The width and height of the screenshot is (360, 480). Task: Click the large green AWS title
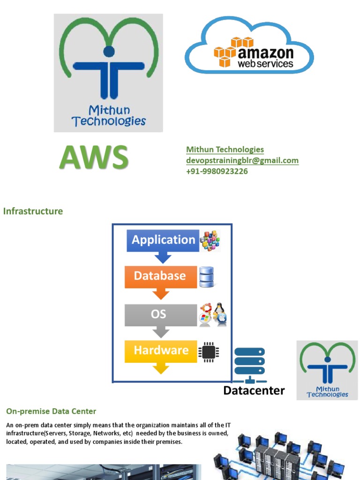tap(94, 157)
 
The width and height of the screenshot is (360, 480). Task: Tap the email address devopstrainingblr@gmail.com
tap(242, 160)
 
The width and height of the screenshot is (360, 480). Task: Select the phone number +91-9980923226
tap(217, 171)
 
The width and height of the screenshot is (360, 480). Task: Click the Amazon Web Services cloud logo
tap(249, 45)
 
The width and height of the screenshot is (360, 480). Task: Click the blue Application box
tap(163, 240)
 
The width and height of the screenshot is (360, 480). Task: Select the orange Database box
tap(160, 276)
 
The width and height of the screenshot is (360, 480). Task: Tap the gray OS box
tap(160, 314)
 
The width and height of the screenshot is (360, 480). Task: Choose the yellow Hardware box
tap(160, 351)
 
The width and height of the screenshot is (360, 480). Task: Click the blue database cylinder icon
tap(206, 277)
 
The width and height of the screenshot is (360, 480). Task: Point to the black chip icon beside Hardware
tap(208, 352)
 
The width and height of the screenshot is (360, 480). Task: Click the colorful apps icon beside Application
tap(210, 240)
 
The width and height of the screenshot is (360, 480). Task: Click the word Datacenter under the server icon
tap(254, 390)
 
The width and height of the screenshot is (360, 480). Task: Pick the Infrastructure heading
tap(33, 211)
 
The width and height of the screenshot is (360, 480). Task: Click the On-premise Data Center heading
tap(51, 412)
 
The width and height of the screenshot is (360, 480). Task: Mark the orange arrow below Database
tap(161, 293)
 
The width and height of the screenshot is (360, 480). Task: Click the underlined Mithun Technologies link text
tap(225, 150)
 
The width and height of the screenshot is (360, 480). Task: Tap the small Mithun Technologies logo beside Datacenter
tap(327, 370)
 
